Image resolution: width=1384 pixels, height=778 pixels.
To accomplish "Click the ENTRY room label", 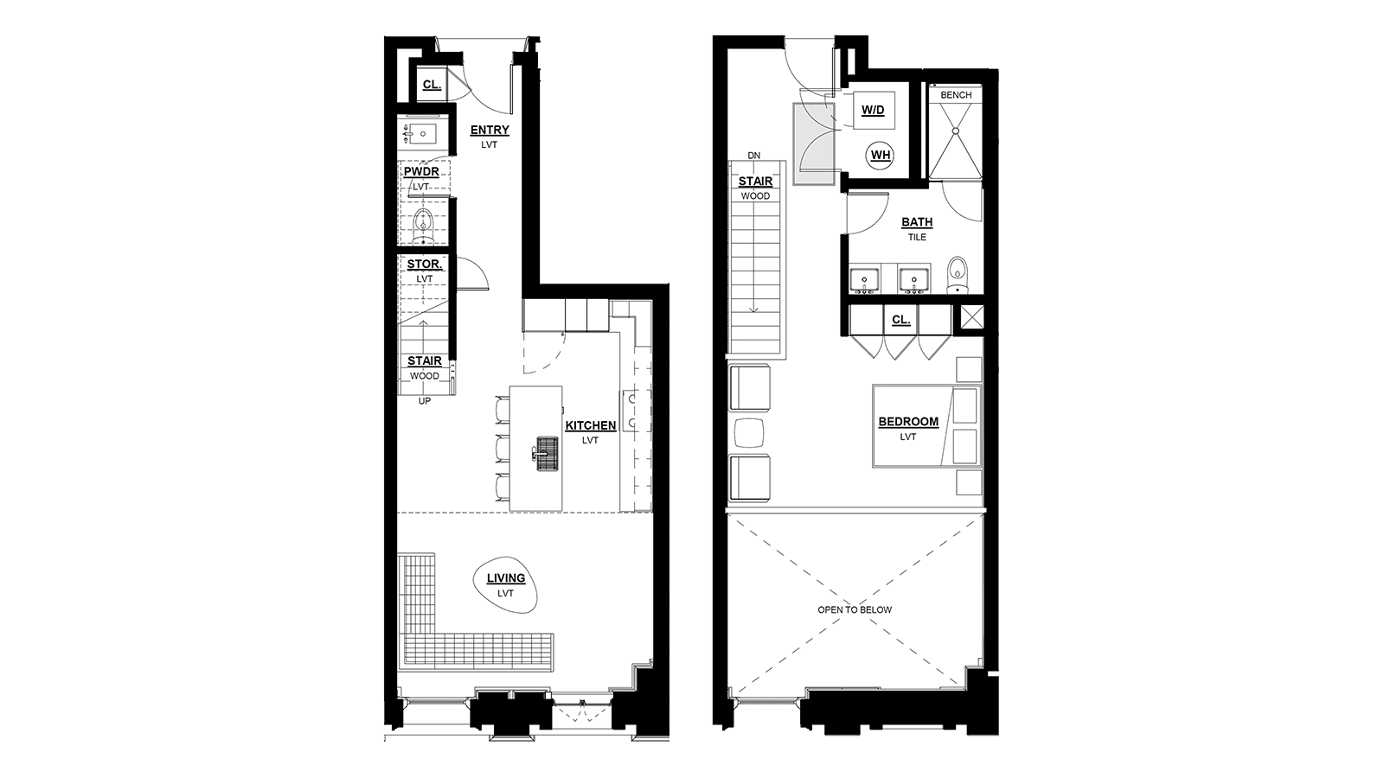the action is pyautogui.click(x=490, y=131).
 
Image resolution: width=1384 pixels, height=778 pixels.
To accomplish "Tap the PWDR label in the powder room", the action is pyautogui.click(x=421, y=172).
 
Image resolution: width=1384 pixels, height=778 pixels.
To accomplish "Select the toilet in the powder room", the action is pyautogui.click(x=423, y=226).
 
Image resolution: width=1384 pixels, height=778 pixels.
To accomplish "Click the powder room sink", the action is pyautogui.click(x=421, y=133).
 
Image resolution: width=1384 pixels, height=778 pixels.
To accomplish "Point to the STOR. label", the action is pyautogui.click(x=425, y=265).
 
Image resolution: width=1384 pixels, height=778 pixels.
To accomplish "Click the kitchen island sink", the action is pyautogui.click(x=547, y=455).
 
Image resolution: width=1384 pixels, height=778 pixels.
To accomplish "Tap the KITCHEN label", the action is pyautogui.click(x=591, y=425).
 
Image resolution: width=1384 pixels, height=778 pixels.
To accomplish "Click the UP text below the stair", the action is pyautogui.click(x=425, y=401).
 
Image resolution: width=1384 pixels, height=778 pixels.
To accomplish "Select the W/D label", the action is pyautogui.click(x=873, y=111).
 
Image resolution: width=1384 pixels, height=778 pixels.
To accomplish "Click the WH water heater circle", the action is pyautogui.click(x=881, y=155).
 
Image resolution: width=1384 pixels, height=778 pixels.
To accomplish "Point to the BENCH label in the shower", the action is pyautogui.click(x=956, y=95).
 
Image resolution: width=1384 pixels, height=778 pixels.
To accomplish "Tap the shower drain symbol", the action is pyautogui.click(x=955, y=131).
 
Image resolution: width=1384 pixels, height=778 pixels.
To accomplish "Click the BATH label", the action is pyautogui.click(x=917, y=222).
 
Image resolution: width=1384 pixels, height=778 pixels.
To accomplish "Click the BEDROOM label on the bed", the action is pyautogui.click(x=908, y=422).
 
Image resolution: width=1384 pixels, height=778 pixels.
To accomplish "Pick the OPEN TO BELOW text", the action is pyautogui.click(x=855, y=610).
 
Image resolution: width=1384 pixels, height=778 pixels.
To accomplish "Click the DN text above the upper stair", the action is pyautogui.click(x=753, y=156).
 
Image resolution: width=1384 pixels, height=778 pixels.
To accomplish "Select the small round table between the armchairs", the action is pyautogui.click(x=749, y=433).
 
